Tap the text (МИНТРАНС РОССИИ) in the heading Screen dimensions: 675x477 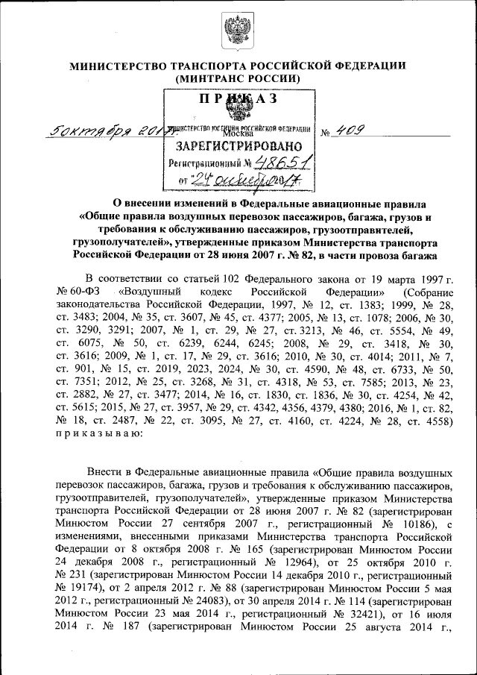237,78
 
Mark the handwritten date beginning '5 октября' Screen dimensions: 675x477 104,132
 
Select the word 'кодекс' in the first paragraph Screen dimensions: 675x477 223,291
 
